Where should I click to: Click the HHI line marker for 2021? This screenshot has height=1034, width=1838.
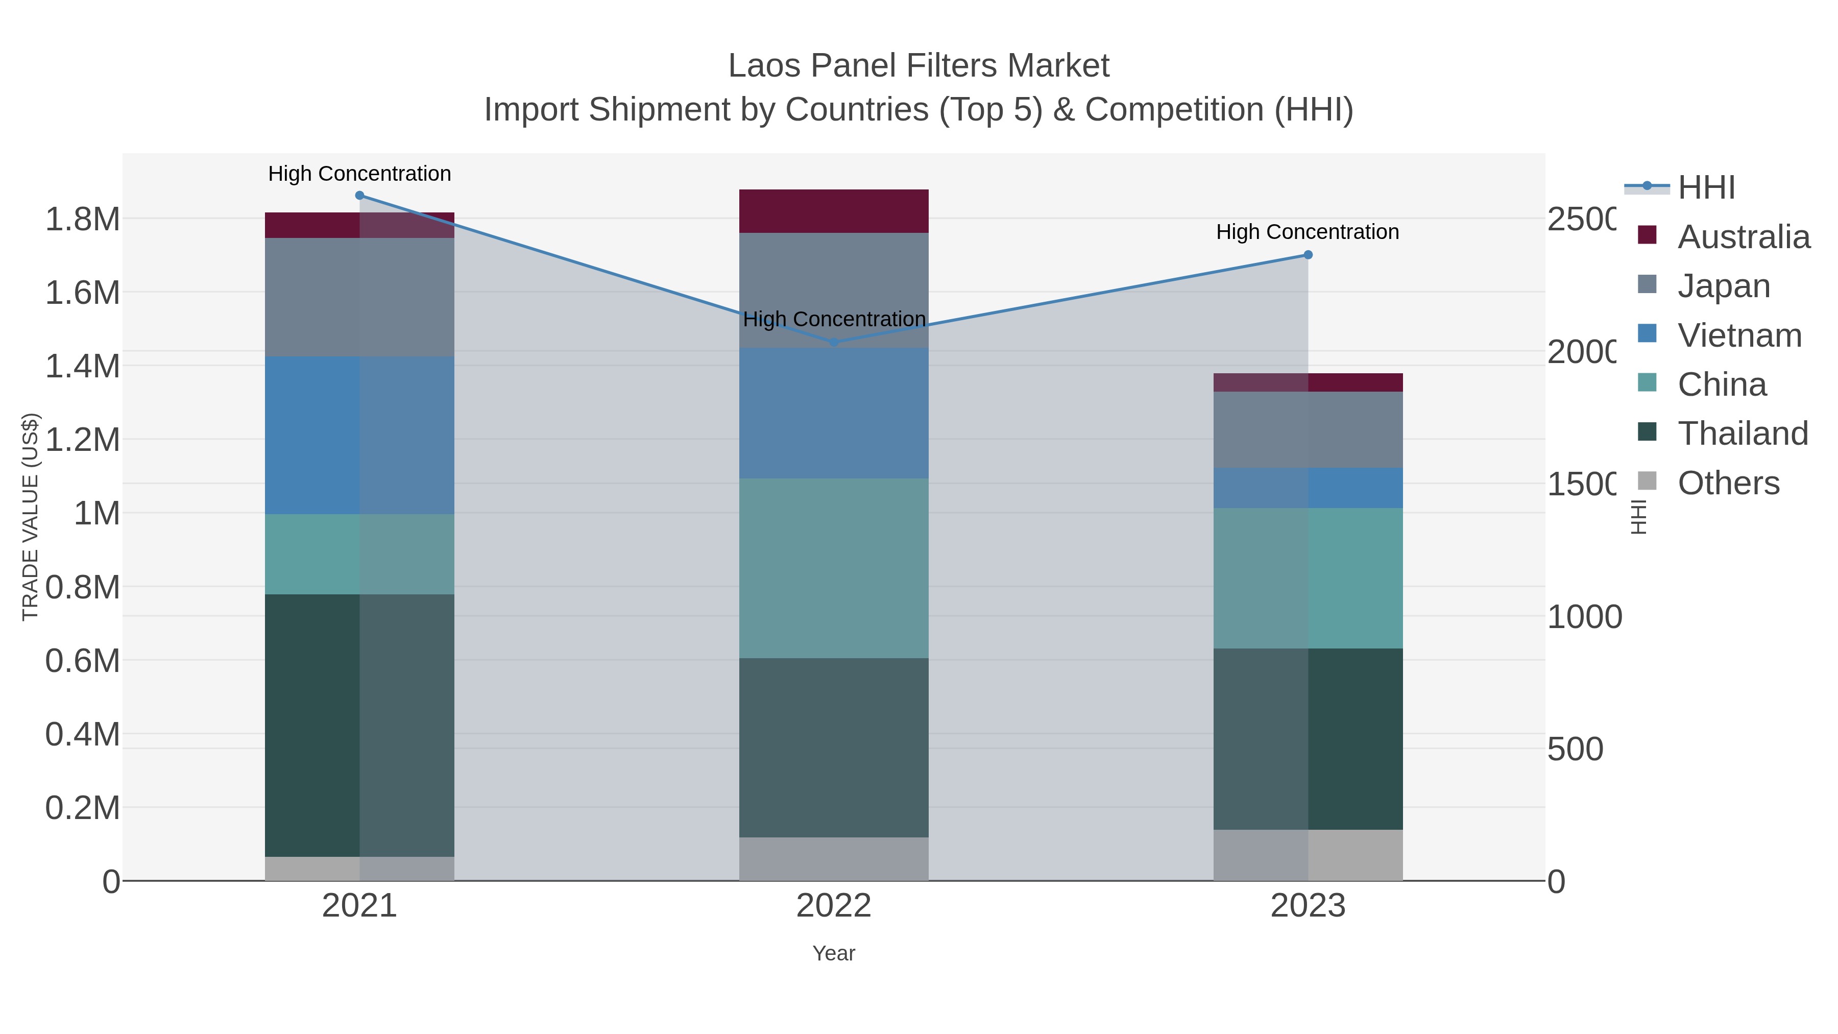coord(359,196)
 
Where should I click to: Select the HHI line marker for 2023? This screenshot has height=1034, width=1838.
coord(1308,255)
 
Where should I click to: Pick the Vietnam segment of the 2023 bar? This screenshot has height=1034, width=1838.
coord(1308,488)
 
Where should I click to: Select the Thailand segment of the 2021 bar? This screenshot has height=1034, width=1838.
coord(359,725)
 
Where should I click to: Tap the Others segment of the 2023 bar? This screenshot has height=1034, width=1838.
coord(1308,855)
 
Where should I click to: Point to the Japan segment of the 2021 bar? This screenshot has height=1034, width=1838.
coord(359,297)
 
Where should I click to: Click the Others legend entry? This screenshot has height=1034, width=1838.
coord(1727,483)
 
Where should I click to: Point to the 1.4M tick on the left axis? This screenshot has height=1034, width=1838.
coord(83,366)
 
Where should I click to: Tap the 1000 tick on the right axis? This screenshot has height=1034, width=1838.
coord(1584,616)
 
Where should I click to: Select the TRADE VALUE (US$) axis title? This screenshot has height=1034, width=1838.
coord(30,517)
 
